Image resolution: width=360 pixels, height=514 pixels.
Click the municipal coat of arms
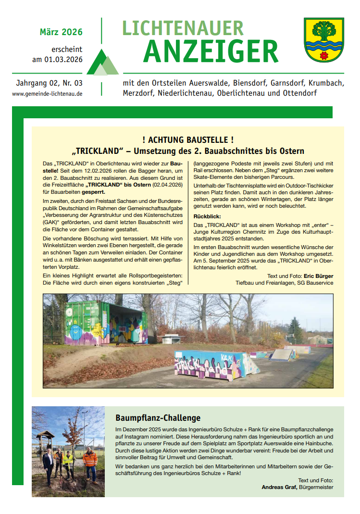tap(323, 40)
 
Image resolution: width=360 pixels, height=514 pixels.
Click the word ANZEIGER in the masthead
tap(211, 51)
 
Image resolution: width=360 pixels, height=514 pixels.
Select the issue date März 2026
tap(61, 32)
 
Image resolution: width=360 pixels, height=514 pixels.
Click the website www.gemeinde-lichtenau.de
tap(47, 94)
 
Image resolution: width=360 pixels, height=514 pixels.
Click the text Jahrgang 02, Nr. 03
tap(49, 83)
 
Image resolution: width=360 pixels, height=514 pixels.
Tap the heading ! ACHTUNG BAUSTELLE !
tap(188, 140)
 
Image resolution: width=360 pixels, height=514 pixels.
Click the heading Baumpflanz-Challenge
tap(158, 418)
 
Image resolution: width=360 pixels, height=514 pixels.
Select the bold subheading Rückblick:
tap(207, 216)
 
